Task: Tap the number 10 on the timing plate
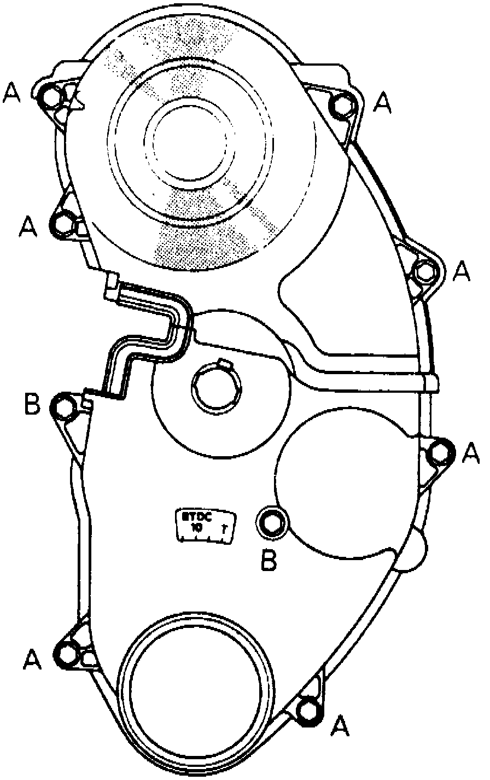tap(196, 528)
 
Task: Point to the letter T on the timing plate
tap(224, 529)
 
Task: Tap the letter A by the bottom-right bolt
tap(340, 725)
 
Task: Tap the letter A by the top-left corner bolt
tap(12, 94)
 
